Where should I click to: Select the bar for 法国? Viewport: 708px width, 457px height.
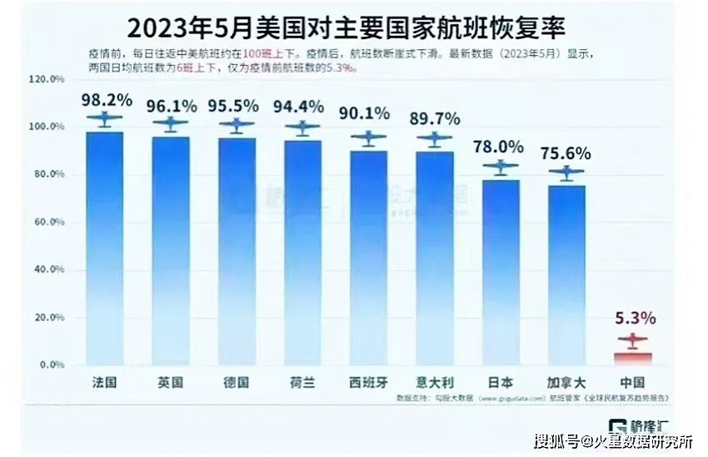105,250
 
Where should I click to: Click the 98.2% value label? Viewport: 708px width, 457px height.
107,101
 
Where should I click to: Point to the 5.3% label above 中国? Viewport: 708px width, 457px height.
636,318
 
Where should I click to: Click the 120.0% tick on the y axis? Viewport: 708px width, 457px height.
46,79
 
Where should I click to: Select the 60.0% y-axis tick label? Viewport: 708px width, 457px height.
46,222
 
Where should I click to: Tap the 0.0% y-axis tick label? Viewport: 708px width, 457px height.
49,365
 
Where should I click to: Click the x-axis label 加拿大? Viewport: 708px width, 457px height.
567,382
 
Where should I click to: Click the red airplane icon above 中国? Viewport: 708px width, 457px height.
632,340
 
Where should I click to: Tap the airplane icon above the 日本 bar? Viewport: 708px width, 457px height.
501,166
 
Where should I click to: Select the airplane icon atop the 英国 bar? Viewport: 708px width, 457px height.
171,124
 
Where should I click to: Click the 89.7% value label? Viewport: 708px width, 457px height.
435,118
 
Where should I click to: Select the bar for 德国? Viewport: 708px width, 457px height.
237,250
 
